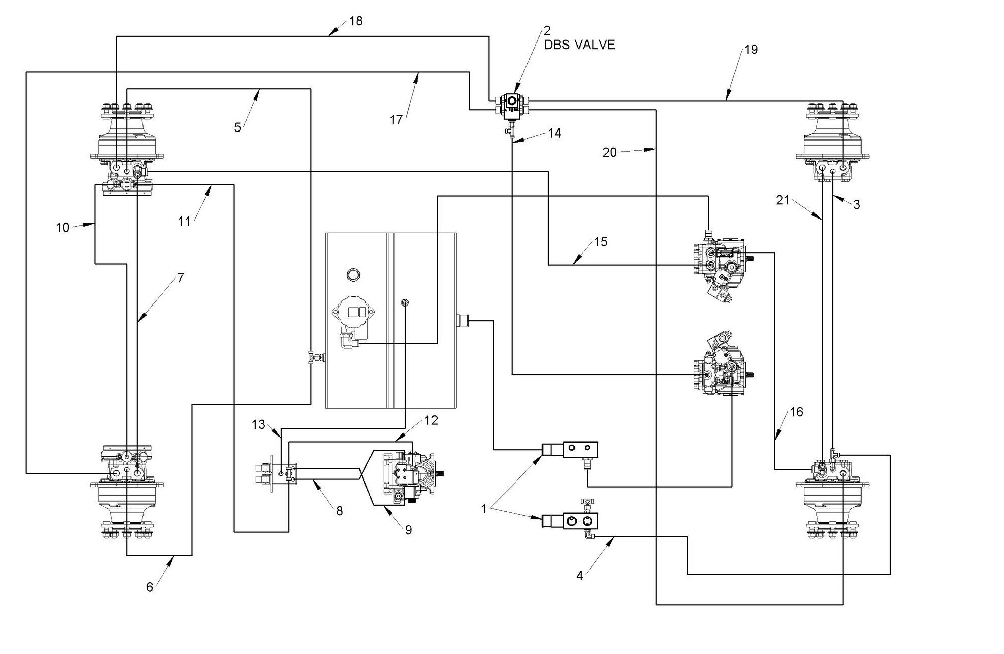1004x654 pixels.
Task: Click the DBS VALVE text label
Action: point(579,45)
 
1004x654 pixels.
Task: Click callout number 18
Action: point(356,22)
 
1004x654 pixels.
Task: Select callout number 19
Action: point(751,50)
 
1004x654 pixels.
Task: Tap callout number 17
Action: point(396,120)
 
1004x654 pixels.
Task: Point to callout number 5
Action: point(237,127)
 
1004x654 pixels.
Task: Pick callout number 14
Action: point(554,133)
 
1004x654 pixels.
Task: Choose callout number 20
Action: point(609,152)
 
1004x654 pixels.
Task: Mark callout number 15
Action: point(600,242)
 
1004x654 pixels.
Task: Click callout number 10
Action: point(62,228)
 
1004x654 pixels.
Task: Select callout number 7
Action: point(180,278)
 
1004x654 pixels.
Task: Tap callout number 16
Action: point(796,412)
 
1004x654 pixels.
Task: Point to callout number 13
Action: point(258,424)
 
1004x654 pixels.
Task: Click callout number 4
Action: point(580,575)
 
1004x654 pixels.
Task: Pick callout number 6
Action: point(150,587)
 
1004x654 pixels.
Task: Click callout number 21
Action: point(782,200)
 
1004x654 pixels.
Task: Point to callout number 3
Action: point(856,205)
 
